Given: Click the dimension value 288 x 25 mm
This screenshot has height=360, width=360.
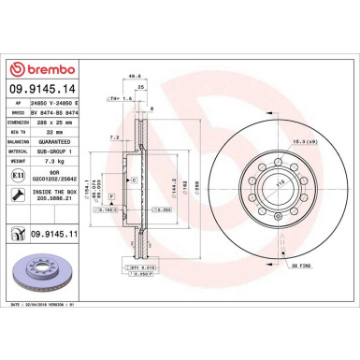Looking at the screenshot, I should tap(57, 122).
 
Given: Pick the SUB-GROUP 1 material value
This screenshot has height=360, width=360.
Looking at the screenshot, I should tap(55, 151).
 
